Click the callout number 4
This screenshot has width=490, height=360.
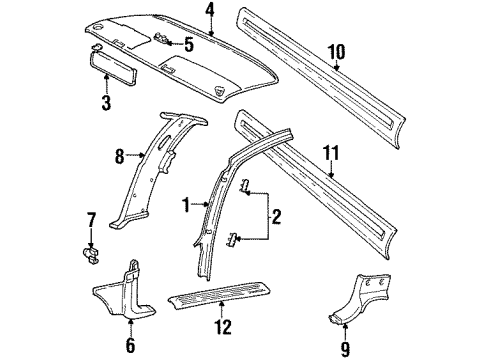[209, 11]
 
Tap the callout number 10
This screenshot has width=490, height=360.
[336, 52]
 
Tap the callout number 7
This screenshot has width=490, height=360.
[90, 219]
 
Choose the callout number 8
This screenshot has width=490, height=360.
[118, 155]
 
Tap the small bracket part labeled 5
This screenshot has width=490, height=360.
[164, 39]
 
